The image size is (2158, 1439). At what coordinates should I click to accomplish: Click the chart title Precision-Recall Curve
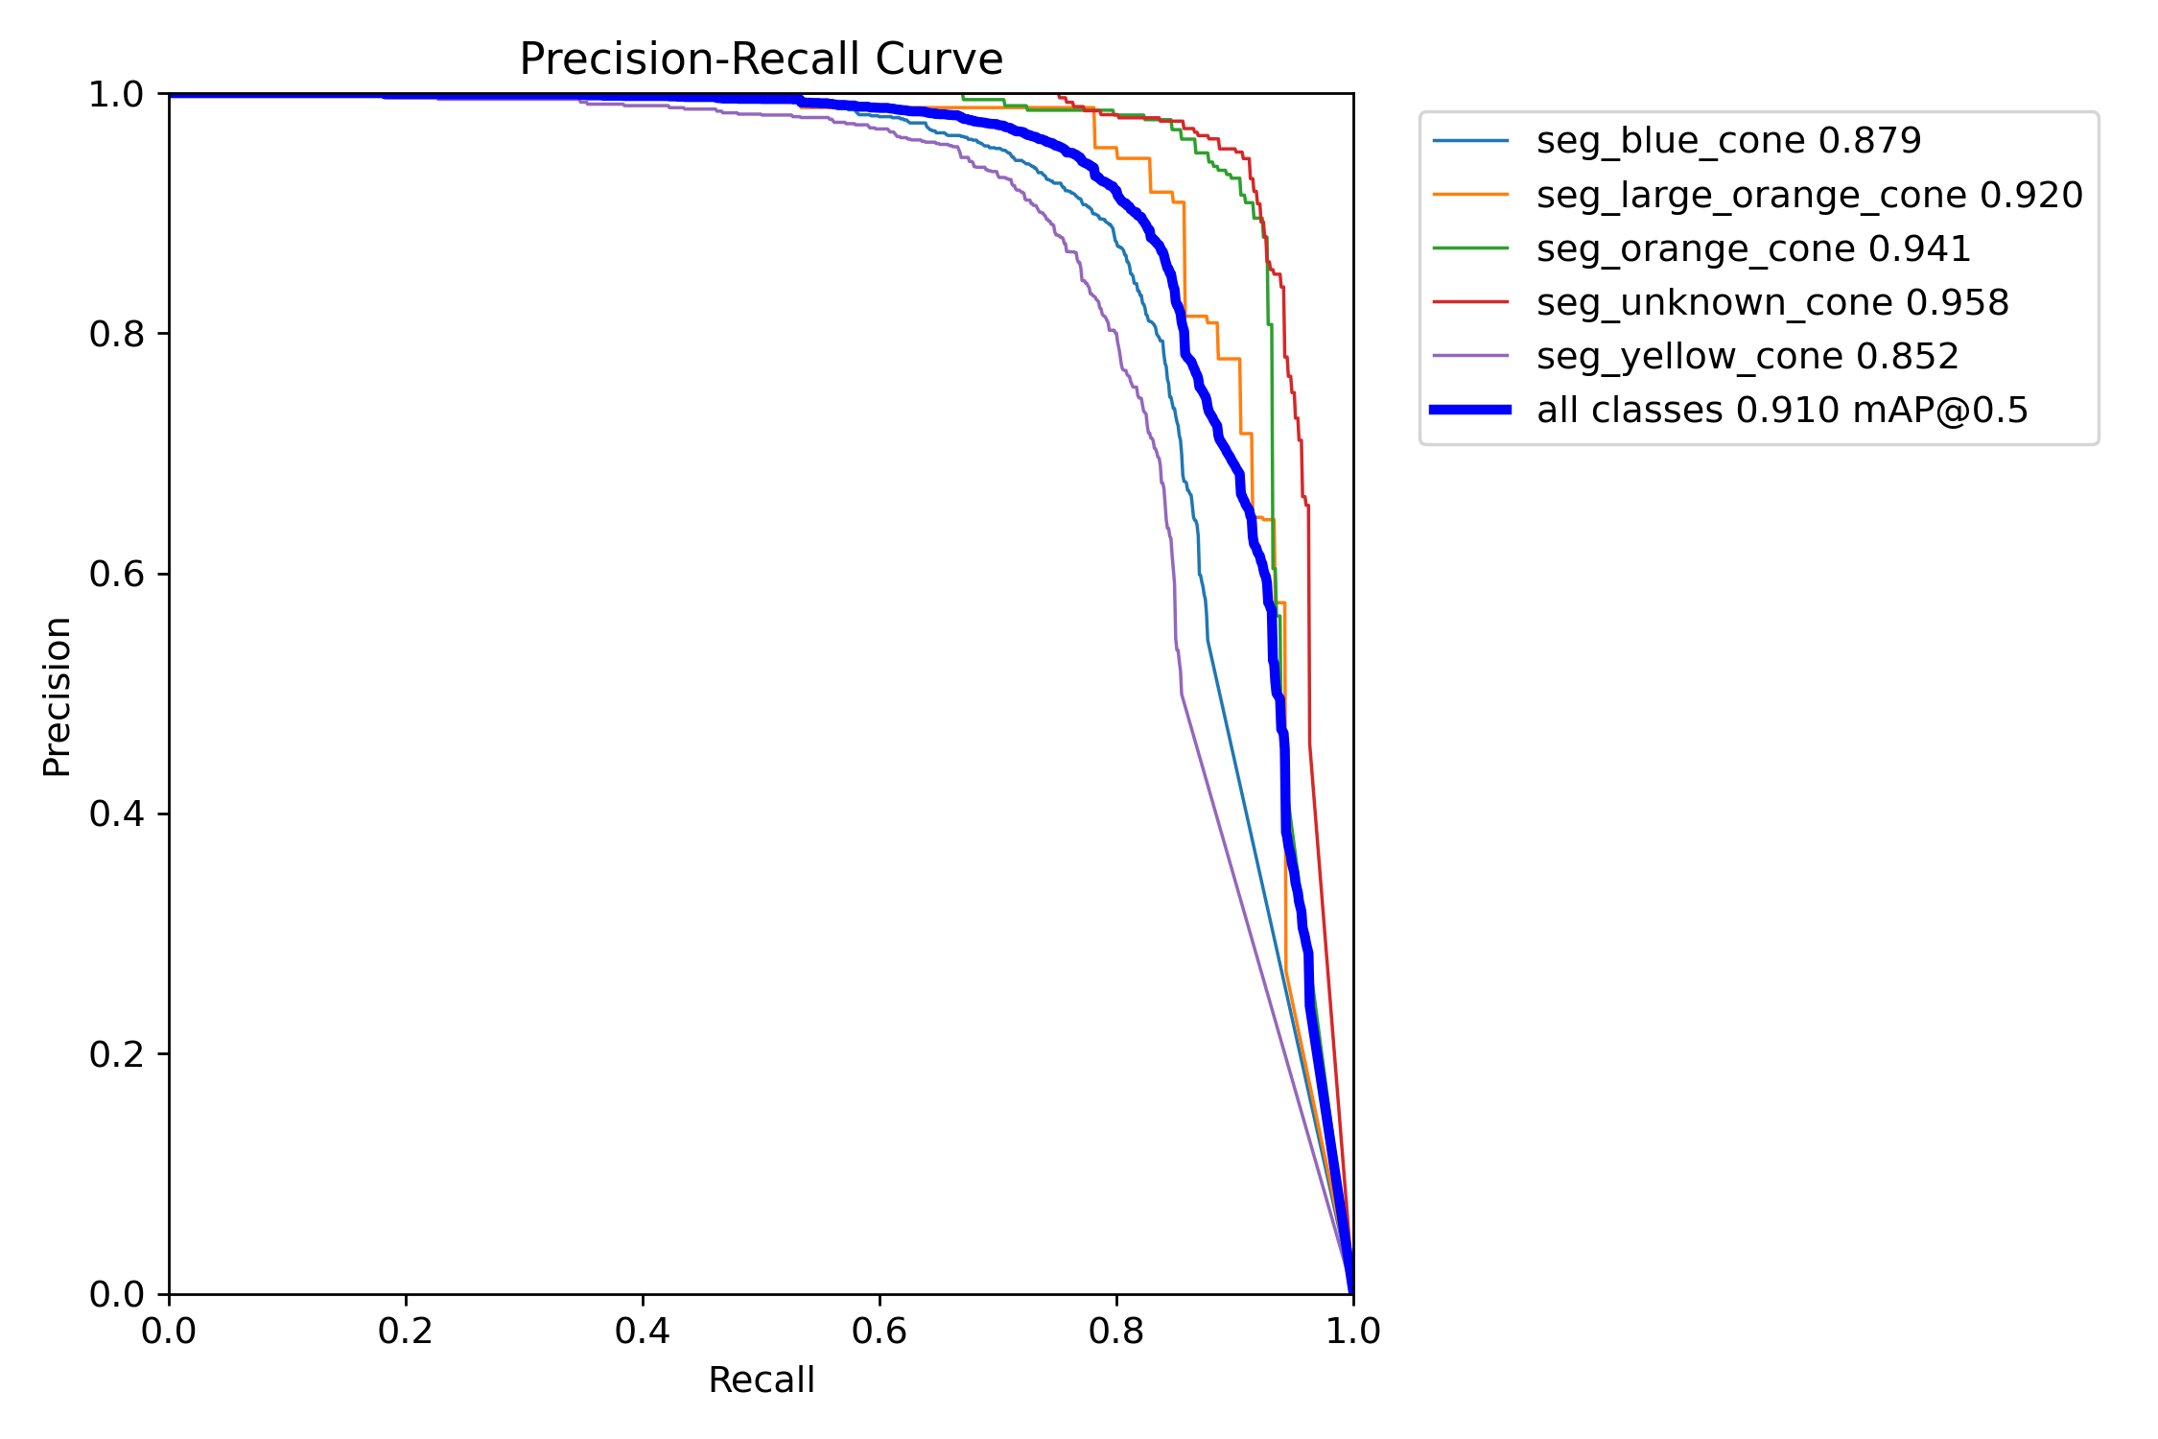[761, 59]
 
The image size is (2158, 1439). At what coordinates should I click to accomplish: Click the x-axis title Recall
[761, 1380]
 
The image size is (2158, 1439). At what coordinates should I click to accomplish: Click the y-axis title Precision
[58, 696]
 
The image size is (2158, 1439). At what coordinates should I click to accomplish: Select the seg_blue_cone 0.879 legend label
[1728, 141]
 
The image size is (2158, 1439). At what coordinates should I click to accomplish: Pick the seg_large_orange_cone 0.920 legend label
[1809, 195]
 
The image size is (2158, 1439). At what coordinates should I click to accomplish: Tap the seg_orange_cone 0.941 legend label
[1753, 248]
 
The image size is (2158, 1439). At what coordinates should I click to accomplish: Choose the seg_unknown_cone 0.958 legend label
[1771, 302]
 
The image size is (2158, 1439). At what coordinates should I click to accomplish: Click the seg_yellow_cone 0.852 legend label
[1747, 356]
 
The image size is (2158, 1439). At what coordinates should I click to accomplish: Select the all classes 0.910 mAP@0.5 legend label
[1782, 410]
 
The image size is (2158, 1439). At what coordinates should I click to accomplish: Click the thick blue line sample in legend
[1470, 410]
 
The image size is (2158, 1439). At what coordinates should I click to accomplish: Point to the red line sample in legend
[1470, 302]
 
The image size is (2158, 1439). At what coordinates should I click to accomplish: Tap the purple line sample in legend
[1470, 356]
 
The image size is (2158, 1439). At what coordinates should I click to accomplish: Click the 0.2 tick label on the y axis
[116, 1054]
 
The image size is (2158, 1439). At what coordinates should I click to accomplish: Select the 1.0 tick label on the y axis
[116, 94]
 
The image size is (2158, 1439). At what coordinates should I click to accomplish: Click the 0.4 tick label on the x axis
[642, 1331]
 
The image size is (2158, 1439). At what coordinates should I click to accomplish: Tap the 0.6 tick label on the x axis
[879, 1331]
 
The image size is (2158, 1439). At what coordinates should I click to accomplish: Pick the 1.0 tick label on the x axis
[1352, 1331]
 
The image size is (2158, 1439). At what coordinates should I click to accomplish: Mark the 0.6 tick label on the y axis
[116, 574]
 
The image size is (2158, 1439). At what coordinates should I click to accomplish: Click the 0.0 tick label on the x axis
[169, 1331]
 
